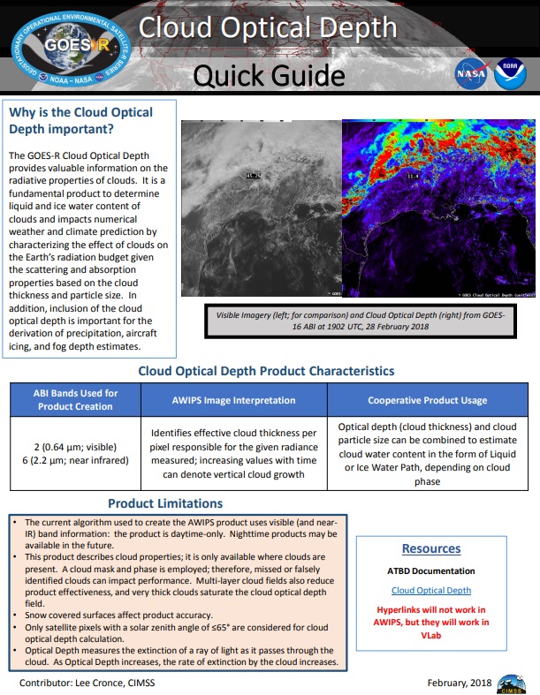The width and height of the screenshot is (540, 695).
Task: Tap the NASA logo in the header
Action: click(x=469, y=75)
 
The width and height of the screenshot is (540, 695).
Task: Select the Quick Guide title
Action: click(x=269, y=76)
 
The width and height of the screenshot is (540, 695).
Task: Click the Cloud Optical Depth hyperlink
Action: click(x=431, y=590)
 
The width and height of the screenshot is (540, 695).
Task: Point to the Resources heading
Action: click(x=431, y=548)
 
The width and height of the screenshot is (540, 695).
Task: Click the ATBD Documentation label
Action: click(x=431, y=570)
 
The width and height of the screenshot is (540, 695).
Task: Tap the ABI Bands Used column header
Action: click(x=75, y=399)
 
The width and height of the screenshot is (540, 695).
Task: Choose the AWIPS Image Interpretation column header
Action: click(x=233, y=400)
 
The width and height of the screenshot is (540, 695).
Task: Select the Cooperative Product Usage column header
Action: click(x=427, y=400)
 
